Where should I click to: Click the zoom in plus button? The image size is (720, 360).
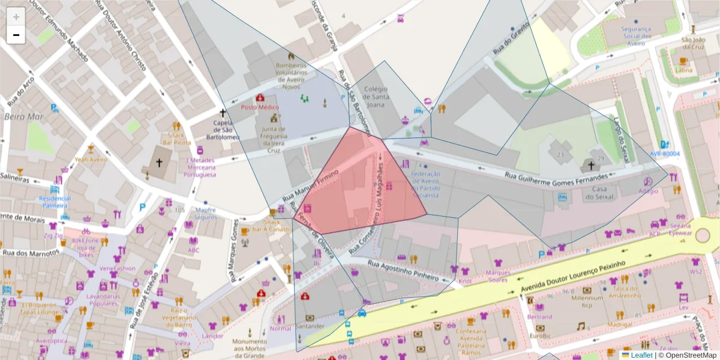[16, 17]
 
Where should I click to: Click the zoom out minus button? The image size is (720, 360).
[16, 35]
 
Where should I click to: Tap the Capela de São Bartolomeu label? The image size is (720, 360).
[223, 130]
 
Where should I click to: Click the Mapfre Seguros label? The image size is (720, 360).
[205, 214]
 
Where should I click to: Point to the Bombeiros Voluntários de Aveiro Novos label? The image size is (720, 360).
[291, 76]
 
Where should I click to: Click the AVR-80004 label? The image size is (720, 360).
[664, 154]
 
